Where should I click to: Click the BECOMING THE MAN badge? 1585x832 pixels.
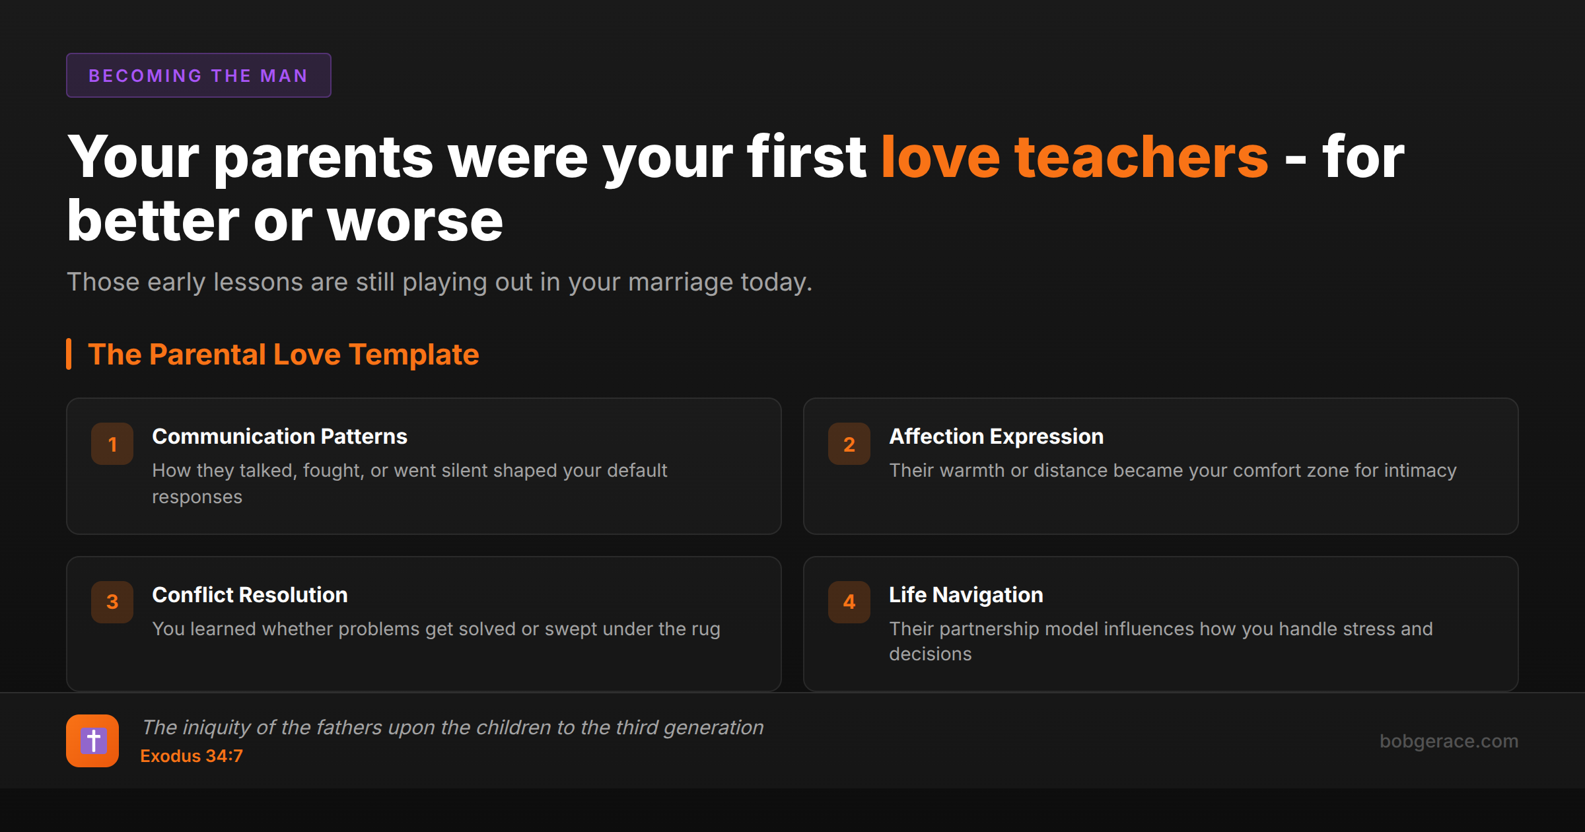[198, 76]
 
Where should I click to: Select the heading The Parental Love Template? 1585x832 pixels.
[283, 355]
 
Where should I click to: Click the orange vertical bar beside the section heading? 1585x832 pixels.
[69, 355]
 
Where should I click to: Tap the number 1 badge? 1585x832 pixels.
[112, 444]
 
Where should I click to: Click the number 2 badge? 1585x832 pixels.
[849, 444]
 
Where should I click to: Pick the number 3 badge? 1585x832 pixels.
[112, 602]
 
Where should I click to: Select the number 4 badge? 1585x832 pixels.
[849, 602]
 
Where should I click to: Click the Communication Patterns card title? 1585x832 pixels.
[279, 436]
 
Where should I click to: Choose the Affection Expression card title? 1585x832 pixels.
[996, 436]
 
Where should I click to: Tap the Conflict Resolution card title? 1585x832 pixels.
[250, 595]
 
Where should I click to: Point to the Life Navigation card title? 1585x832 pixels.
[966, 595]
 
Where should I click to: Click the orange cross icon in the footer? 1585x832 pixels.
[92, 741]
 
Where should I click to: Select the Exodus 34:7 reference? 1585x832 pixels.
[192, 756]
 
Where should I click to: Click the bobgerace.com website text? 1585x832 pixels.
[1448, 741]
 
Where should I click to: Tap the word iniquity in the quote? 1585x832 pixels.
[217, 728]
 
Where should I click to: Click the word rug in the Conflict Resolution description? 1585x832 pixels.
[705, 629]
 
